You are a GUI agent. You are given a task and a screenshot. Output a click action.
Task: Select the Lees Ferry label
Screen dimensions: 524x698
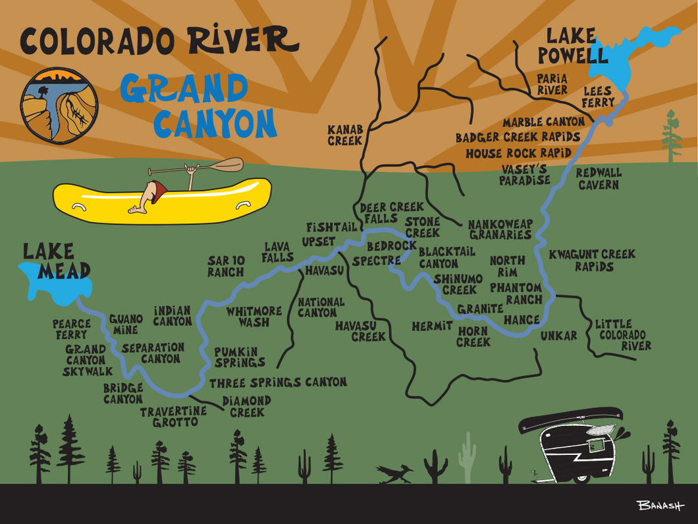(x=598, y=97)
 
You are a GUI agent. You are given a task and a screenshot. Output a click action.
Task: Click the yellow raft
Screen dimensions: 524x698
(x=162, y=201)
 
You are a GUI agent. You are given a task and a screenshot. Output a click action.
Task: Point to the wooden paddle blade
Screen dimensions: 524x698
(x=230, y=165)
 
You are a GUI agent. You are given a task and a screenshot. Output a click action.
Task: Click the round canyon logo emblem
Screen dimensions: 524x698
(x=59, y=104)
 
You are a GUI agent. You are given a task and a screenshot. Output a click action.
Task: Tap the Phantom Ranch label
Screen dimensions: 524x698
(x=516, y=294)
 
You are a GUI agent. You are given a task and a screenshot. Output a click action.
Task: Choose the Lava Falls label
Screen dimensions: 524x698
(x=278, y=252)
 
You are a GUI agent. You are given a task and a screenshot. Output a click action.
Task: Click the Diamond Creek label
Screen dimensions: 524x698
(x=246, y=406)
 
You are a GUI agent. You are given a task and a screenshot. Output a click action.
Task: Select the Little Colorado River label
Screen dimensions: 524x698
(x=623, y=334)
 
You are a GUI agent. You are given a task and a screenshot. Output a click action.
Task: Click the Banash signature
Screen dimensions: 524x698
(x=661, y=506)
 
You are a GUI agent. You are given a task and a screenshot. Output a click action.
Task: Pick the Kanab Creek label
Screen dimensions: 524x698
(x=345, y=134)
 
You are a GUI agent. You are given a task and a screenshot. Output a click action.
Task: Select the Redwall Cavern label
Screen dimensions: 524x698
(x=598, y=178)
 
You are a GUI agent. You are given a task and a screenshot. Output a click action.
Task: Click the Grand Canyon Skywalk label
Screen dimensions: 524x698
(x=85, y=360)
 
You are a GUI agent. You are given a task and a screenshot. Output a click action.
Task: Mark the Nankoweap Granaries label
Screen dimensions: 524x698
(x=500, y=229)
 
